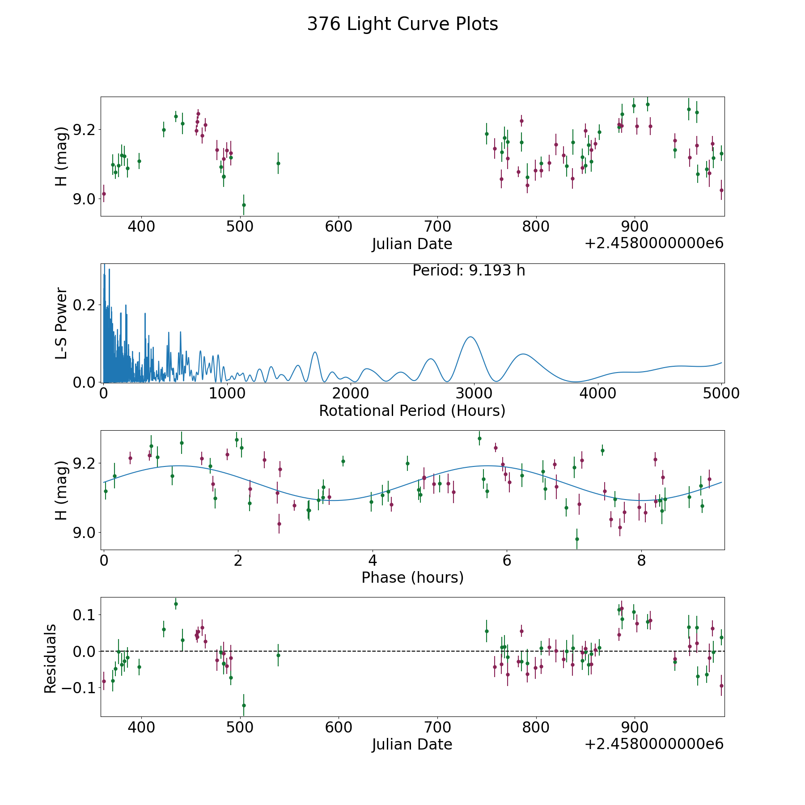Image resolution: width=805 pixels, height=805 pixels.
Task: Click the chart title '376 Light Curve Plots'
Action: (402, 24)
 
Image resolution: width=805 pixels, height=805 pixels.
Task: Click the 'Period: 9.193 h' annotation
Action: (469, 271)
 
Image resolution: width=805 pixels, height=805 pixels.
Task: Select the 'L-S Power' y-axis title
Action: (62, 323)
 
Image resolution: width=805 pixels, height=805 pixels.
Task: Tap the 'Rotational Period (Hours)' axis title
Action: (412, 411)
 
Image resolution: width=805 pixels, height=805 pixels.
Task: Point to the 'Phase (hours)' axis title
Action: (412, 577)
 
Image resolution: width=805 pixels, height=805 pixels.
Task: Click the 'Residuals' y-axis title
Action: (51, 658)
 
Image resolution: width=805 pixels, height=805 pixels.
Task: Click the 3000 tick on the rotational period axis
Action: (474, 393)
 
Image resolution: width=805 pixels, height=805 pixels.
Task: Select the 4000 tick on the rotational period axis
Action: (597, 393)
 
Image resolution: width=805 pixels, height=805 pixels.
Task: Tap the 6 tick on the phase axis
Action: (507, 560)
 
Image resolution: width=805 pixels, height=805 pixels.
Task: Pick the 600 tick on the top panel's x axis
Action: (339, 226)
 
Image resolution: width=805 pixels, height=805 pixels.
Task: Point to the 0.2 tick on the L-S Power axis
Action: (85, 305)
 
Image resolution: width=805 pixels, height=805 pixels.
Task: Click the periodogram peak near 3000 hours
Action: (470, 337)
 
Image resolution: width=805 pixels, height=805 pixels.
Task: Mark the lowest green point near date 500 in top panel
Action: (244, 205)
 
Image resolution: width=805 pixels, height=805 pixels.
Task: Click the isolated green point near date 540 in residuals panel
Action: (278, 655)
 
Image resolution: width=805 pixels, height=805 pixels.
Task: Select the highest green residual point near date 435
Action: (176, 604)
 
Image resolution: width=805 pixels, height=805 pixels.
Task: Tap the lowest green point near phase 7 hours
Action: (577, 539)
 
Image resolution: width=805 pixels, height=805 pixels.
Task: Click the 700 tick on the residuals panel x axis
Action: (437, 727)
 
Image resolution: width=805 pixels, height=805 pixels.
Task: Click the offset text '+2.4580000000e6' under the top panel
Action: (654, 244)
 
